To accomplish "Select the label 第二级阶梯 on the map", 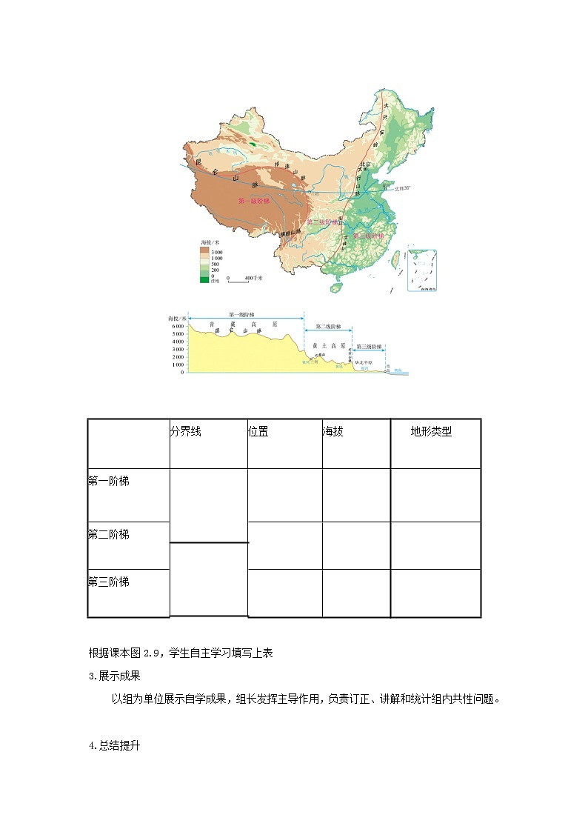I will (322, 222).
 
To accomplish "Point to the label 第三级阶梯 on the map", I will (368, 236).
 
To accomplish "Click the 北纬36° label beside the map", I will (403, 188).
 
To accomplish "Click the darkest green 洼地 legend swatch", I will (204, 279).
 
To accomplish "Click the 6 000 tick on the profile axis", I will (178, 326).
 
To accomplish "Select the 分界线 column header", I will (186, 432).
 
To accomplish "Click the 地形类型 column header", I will (431, 432).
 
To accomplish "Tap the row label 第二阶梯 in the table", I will (109, 534).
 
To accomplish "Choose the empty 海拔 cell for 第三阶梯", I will (355, 593).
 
